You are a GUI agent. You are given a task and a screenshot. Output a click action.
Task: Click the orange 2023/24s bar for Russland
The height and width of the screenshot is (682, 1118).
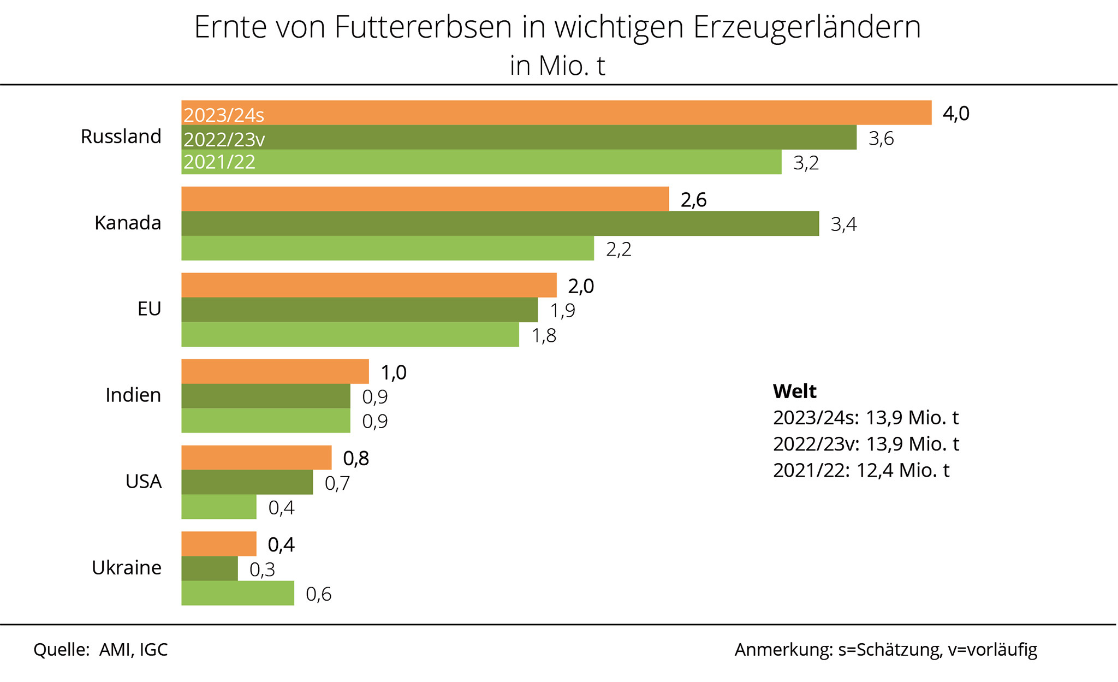point(556,112)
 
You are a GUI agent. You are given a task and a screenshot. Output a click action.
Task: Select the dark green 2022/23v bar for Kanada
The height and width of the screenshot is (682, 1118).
point(500,223)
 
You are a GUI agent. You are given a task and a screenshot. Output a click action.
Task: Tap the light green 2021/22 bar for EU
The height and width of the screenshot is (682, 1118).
point(350,334)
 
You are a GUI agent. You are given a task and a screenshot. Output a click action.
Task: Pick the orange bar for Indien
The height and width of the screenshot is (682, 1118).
point(275,371)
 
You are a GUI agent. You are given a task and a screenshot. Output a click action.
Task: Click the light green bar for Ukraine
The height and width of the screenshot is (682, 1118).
point(237,593)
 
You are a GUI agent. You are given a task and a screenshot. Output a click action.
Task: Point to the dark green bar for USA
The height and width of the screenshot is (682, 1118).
point(247,482)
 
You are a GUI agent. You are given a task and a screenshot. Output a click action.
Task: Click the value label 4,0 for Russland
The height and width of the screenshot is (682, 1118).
point(956,114)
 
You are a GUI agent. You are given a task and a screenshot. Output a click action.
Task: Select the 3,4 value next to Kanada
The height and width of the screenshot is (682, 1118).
point(843,224)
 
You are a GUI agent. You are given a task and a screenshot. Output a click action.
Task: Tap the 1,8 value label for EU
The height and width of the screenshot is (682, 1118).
point(544,335)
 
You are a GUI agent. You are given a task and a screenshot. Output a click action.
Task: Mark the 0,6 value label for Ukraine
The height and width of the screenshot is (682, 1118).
point(318,594)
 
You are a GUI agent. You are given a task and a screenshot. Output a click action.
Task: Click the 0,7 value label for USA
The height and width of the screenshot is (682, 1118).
point(337,483)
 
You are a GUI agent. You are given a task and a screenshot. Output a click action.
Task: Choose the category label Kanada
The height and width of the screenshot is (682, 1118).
point(128,223)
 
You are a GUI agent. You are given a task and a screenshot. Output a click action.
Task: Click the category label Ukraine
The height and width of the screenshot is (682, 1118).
point(126,568)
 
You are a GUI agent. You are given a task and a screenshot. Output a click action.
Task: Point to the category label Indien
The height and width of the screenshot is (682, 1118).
point(133,395)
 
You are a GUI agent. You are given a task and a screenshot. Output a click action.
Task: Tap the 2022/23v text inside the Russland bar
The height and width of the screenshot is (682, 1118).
point(224,140)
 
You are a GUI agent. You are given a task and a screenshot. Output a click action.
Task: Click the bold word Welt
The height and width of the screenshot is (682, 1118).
point(794,391)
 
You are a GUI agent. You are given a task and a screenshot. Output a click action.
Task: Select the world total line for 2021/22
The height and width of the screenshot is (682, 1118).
point(861,470)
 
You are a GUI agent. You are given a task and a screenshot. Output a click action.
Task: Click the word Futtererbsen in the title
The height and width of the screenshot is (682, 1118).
point(423,27)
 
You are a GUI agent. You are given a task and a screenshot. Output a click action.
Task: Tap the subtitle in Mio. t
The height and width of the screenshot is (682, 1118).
point(557,66)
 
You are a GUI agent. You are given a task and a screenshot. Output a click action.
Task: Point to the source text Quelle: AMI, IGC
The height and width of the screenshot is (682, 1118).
point(100,650)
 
